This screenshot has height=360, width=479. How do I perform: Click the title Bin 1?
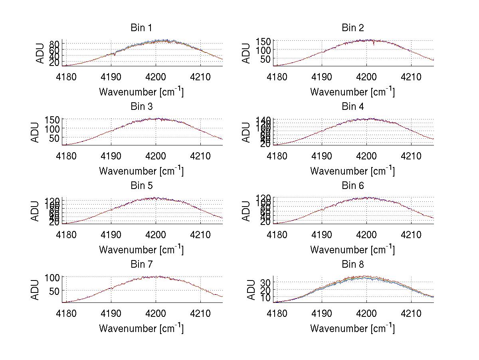(141, 28)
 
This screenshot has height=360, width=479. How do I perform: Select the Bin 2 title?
(353, 28)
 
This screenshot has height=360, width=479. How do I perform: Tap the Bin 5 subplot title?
(141, 186)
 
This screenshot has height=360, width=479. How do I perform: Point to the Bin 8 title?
(353, 265)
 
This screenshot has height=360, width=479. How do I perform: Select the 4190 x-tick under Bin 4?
(322, 155)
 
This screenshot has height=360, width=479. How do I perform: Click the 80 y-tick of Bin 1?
(55, 43)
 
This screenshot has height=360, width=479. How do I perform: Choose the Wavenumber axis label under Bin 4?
(352, 171)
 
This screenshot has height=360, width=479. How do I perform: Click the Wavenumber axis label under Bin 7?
(141, 328)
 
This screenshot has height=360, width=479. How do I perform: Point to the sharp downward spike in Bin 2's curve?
(374, 44)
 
